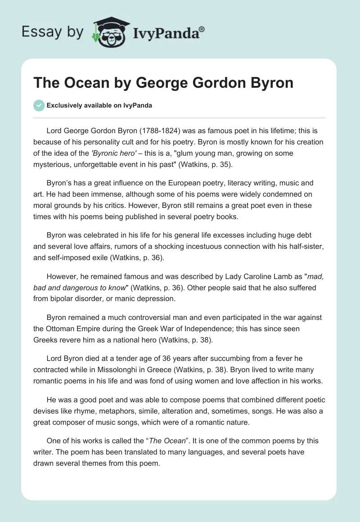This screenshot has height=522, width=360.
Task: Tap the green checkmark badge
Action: [x=39, y=105]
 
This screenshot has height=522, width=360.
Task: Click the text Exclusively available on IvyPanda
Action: [x=99, y=105]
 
